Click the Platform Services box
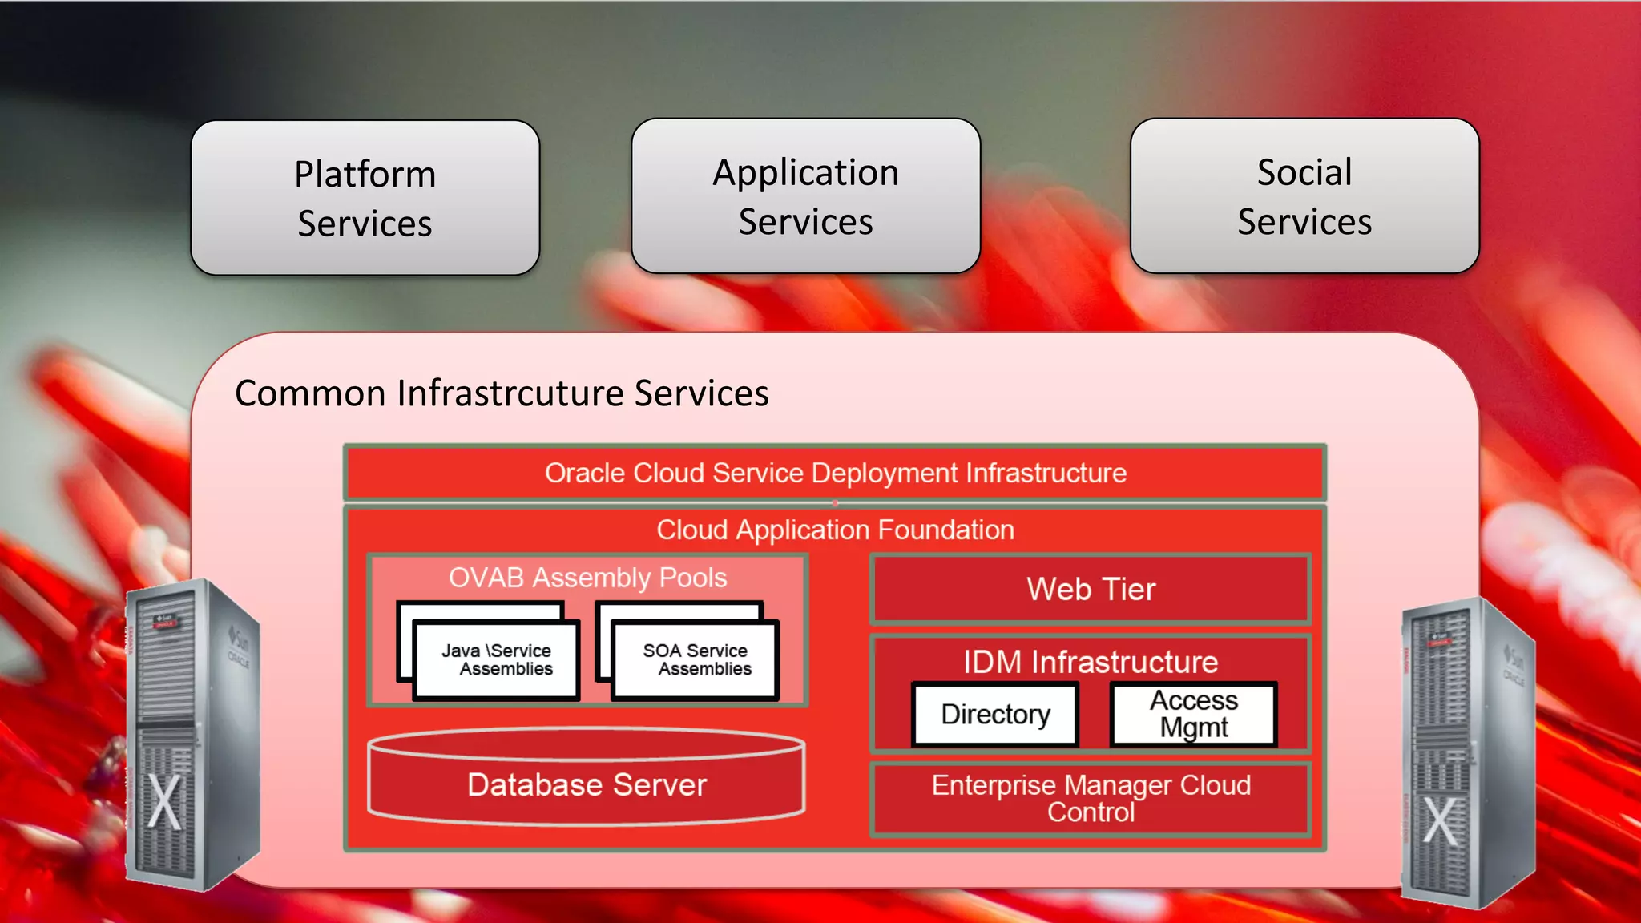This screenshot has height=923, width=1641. point(365,198)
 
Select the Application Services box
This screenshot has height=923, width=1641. point(805,196)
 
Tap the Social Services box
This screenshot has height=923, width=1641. point(1304,196)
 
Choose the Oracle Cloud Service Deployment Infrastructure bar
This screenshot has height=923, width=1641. point(835,473)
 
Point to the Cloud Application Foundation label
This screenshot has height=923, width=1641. point(835,530)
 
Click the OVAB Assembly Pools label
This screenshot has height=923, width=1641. point(587,578)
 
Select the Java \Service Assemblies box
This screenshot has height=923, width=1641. point(497,660)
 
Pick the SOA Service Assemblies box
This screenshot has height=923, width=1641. point(696,660)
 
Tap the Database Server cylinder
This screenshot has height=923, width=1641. point(587,784)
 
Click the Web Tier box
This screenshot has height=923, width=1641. point(1091,590)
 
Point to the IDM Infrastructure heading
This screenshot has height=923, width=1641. point(1091,662)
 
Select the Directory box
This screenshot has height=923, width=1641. point(995,714)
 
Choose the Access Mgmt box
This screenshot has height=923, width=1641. point(1193,714)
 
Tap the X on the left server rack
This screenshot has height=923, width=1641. point(165,802)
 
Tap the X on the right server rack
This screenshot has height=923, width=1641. point(1440,821)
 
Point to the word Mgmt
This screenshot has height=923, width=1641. point(1193,728)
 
